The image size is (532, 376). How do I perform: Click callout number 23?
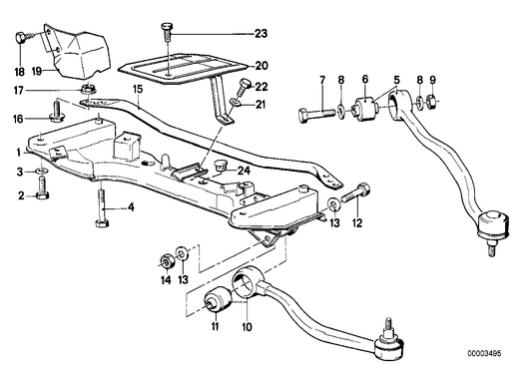click(261, 34)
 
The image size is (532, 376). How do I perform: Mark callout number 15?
click(140, 90)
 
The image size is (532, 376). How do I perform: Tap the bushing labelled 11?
click(213, 297)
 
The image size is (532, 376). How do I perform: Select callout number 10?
click(247, 323)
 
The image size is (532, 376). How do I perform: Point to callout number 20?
click(261, 66)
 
